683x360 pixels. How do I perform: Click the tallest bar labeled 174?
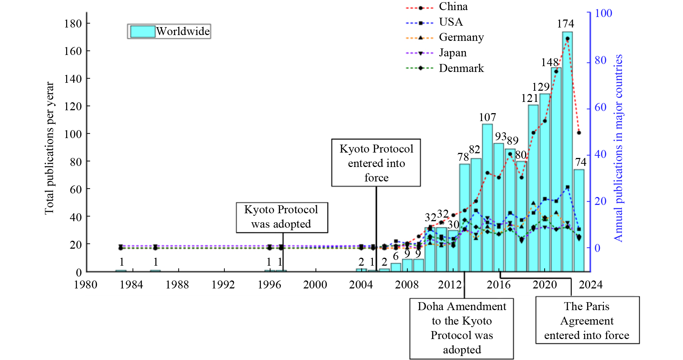point(567,152)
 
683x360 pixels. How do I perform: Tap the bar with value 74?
point(579,220)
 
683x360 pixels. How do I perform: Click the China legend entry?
point(453,7)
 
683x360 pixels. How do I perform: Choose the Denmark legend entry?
point(461,68)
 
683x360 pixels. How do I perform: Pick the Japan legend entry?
point(452,53)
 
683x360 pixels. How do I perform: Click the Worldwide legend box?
point(169,31)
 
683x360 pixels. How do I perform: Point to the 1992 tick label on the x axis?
point(223,285)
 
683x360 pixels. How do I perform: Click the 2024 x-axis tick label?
point(590,285)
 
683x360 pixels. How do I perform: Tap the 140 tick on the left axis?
point(73,79)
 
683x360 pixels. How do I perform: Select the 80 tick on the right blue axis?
point(601,60)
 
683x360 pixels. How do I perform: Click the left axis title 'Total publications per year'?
point(49,148)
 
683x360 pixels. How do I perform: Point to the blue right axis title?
point(619,148)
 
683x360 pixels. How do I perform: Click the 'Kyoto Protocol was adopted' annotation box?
point(282,217)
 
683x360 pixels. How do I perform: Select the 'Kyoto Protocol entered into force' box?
point(376,163)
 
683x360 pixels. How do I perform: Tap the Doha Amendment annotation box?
point(461,328)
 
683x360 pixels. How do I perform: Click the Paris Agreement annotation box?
point(587,320)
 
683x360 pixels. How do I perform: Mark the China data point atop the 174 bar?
point(567,39)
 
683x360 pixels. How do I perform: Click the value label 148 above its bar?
point(550,63)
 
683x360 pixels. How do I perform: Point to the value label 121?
point(529,98)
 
